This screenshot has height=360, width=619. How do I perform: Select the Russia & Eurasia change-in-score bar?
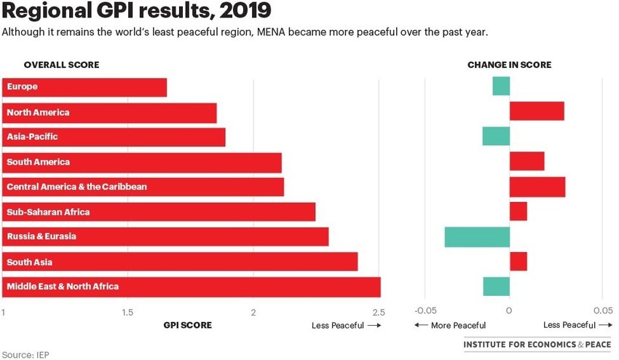(477, 237)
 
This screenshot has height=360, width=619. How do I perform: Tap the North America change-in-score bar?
(537, 111)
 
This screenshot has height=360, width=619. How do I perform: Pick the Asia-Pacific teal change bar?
(496, 136)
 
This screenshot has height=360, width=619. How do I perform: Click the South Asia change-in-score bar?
(518, 262)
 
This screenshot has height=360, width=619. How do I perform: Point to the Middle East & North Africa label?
(63, 286)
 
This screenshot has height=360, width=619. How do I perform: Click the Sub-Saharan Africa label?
(48, 212)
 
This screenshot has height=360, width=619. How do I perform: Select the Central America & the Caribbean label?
(76, 187)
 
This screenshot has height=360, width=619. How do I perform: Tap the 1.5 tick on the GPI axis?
(127, 313)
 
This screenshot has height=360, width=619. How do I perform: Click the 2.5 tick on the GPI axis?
(377, 313)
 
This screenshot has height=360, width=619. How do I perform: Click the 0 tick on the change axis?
(509, 310)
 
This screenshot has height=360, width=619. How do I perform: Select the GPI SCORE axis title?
(188, 326)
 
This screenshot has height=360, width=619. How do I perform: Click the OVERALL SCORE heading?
(61, 65)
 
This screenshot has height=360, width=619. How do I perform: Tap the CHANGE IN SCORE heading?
(509, 65)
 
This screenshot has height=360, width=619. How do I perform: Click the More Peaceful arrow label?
(450, 326)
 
